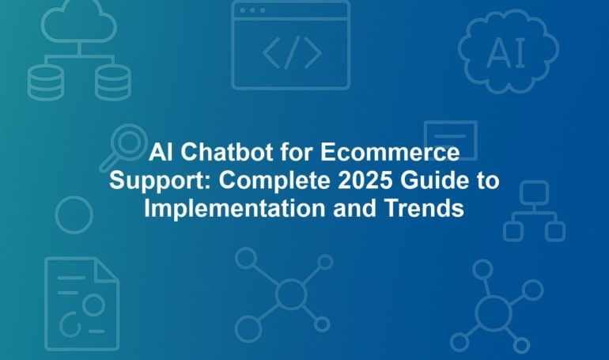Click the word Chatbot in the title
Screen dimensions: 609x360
pyautogui.click(x=226, y=152)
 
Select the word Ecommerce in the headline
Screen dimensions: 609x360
pyautogui.click(x=390, y=152)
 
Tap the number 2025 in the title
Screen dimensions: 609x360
pyautogui.click(x=365, y=180)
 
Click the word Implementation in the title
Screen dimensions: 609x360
pyautogui.click(x=235, y=209)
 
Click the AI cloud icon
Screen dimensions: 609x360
pyautogui.click(x=508, y=51)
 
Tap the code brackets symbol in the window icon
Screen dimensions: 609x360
pyautogui.click(x=292, y=52)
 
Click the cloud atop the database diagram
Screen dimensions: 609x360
pyautogui.click(x=79, y=21)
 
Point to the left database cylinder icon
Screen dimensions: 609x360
pyautogui.click(x=46, y=82)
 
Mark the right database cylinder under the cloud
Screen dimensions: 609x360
pyautogui.click(x=112, y=82)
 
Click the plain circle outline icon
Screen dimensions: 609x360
pyautogui.click(x=56, y=214)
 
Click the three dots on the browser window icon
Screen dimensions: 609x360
pyautogui.click(x=252, y=10)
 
